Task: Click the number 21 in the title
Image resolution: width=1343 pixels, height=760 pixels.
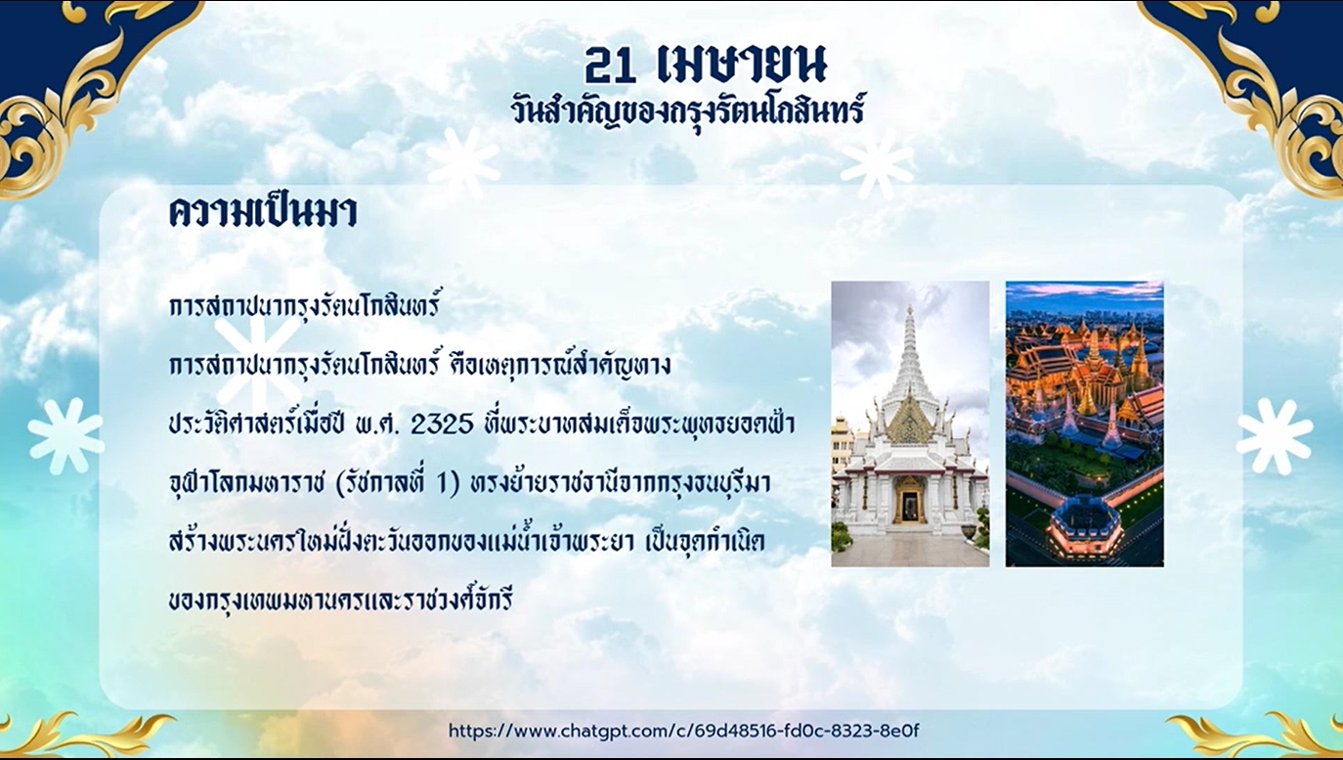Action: coord(613,65)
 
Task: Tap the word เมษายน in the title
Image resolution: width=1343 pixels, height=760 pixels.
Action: coord(743,65)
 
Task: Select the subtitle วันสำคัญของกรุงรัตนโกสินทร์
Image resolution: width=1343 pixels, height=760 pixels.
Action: coord(687,110)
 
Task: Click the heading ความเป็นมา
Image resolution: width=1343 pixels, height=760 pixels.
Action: coord(263,212)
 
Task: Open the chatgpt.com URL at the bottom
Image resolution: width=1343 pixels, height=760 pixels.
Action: coord(683,731)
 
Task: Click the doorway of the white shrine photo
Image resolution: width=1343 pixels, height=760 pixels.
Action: coord(909,501)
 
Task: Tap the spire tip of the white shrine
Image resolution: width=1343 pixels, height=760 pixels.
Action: coord(909,311)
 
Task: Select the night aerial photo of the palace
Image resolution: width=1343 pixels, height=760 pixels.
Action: coord(1084,424)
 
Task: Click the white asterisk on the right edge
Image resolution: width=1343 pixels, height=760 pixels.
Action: coord(1275,437)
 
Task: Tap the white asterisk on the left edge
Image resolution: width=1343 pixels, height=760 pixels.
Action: coord(65,436)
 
